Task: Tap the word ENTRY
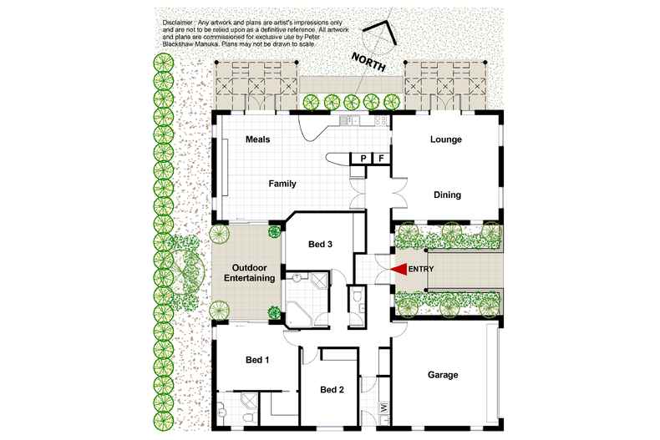[x=422, y=269]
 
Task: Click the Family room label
[x=282, y=184]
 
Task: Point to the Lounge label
[x=446, y=139]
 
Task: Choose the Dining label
[x=447, y=195]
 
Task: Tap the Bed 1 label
[x=257, y=360]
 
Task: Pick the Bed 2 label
[x=332, y=389]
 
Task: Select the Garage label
[x=442, y=375]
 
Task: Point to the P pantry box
[x=363, y=159]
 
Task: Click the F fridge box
[x=381, y=159]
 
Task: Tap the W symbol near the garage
[x=383, y=407]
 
